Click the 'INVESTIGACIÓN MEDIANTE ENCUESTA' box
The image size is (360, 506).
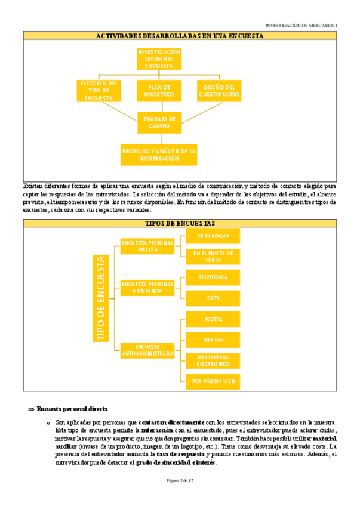pyautogui.click(x=159, y=59)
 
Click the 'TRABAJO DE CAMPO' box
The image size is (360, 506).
pyautogui.click(x=159, y=122)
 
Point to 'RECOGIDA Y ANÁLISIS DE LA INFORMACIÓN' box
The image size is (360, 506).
pyautogui.click(x=159, y=155)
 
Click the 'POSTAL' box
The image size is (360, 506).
pyautogui.click(x=213, y=319)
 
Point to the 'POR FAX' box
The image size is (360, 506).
pyautogui.click(x=213, y=340)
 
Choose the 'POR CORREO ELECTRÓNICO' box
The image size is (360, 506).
pyautogui.click(x=213, y=360)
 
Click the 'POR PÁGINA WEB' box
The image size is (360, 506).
pyautogui.click(x=213, y=380)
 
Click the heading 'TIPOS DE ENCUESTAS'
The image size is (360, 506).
pyautogui.click(x=180, y=223)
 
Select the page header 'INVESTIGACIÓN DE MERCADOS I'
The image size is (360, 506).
pyautogui.click(x=301, y=26)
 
